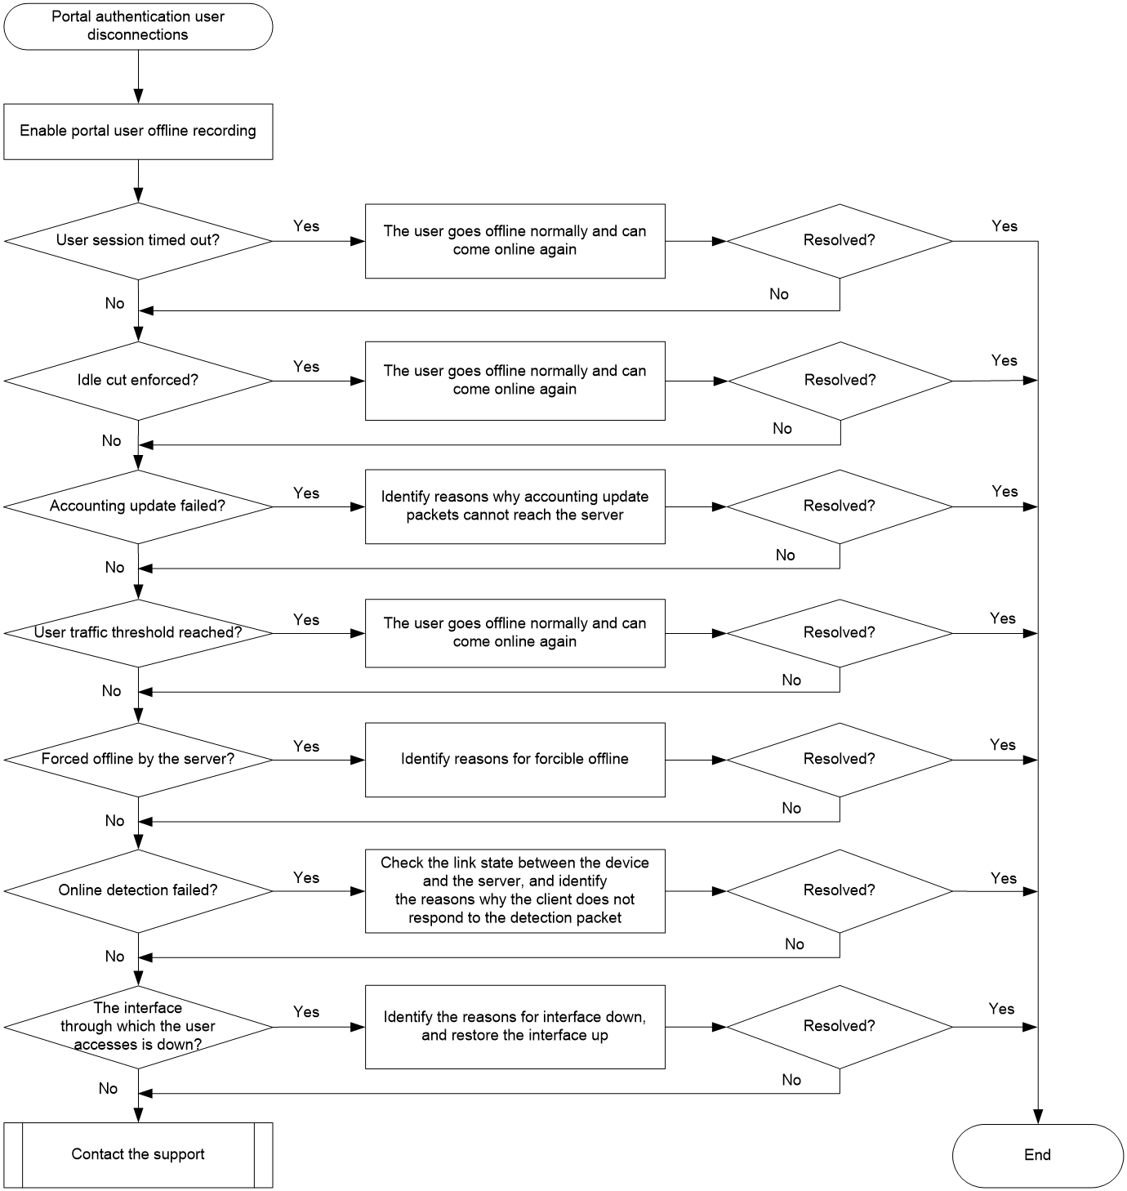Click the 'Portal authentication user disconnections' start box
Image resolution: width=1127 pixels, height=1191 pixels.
138,27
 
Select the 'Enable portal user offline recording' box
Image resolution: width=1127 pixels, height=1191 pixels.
138,132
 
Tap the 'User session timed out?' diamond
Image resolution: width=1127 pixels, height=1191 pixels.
138,241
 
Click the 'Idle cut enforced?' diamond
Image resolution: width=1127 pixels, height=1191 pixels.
138,381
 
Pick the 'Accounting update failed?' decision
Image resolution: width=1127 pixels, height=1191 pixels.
138,506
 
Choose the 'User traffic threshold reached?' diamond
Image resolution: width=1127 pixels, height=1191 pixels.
138,633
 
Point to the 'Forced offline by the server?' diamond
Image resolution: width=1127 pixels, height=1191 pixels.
138,760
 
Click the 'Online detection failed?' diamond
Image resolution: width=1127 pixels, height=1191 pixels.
138,891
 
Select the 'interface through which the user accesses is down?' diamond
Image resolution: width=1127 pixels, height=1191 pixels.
138,1027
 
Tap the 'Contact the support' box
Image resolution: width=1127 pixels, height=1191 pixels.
138,1155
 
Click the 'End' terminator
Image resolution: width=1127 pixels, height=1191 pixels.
1037,1155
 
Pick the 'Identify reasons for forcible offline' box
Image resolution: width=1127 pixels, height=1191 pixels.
515,760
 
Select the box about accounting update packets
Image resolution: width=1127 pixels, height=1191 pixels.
515,506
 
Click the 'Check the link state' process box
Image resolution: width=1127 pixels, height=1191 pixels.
515,891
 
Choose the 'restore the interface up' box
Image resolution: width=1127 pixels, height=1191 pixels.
515,1027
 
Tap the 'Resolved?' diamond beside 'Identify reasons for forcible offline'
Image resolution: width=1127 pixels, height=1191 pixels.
840,760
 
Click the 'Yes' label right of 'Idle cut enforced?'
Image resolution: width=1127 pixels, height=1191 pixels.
306,367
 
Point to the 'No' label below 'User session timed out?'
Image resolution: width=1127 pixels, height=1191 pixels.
114,303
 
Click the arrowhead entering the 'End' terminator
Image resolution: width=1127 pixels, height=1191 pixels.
1038,1117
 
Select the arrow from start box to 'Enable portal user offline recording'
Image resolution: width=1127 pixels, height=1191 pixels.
138,77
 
